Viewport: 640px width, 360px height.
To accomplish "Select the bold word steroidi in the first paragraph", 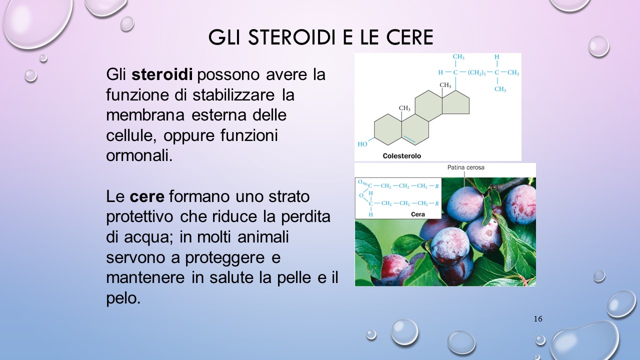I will click(162, 75).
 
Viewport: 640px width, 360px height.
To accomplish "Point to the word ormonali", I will click(139, 155).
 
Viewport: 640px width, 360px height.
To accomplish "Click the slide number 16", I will click(538, 319).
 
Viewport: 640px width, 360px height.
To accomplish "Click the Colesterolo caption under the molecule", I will click(401, 156).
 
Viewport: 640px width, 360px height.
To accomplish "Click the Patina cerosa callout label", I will click(465, 167).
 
